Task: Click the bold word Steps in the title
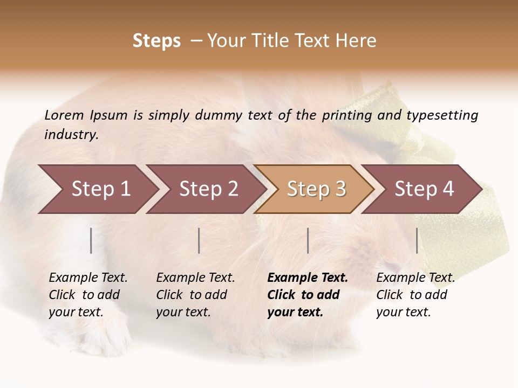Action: click(156, 41)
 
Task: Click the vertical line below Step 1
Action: click(91, 240)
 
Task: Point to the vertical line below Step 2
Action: click(199, 240)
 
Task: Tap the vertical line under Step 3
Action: click(308, 240)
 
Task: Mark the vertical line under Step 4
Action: click(417, 240)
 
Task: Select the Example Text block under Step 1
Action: click(88, 295)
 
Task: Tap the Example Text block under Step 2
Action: click(195, 295)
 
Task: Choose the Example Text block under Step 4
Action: click(415, 295)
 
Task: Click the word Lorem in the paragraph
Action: click(64, 115)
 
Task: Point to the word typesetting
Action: click(442, 115)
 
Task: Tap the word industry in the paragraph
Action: click(71, 135)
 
